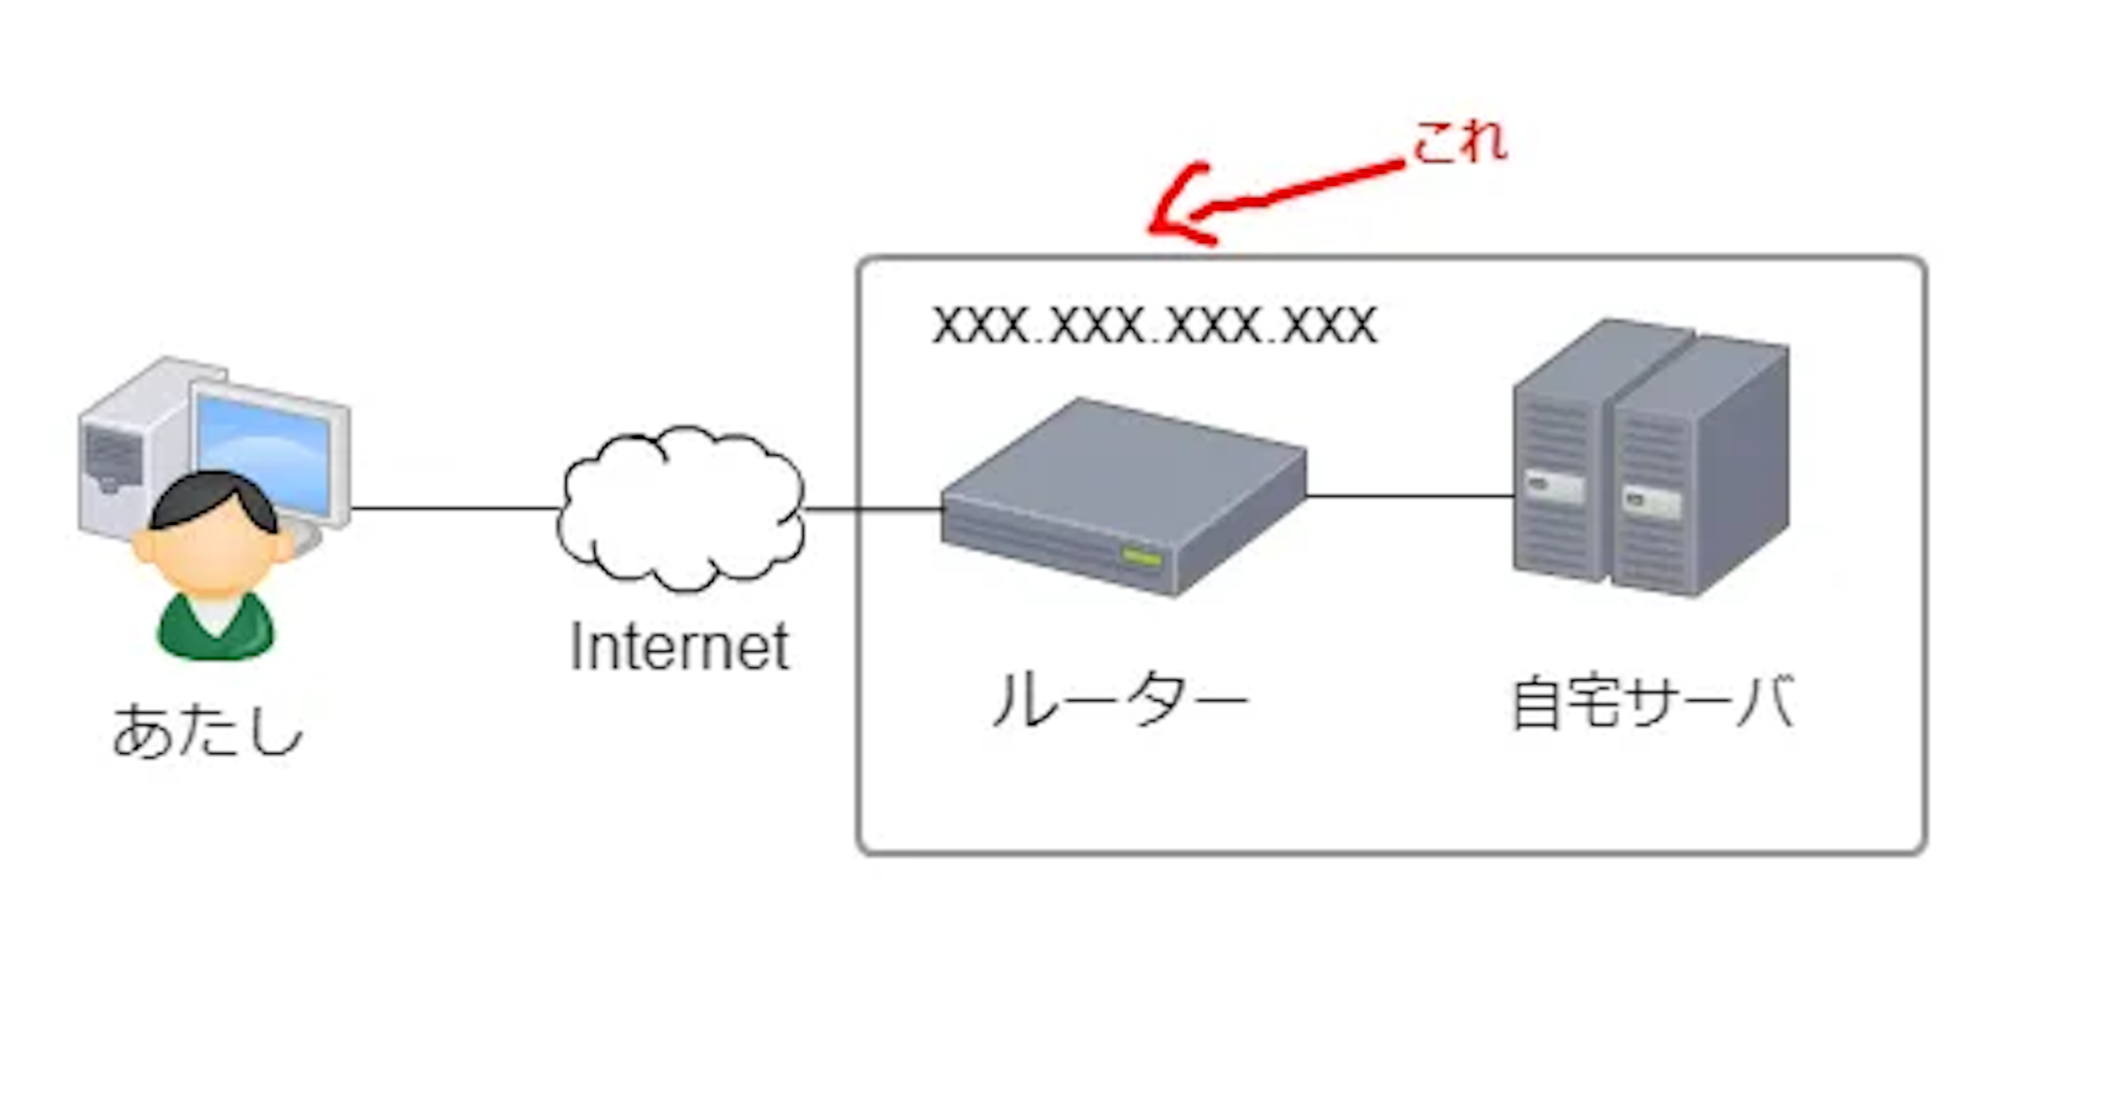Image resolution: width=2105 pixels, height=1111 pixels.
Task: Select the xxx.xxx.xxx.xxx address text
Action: pos(1154,325)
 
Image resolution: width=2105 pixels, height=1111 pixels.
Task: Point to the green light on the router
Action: pos(1141,558)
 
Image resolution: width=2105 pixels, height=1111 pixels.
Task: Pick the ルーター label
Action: pos(1119,701)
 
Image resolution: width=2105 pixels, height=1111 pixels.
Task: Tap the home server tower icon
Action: pos(1651,457)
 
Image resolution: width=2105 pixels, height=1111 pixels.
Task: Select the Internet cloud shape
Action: pos(680,507)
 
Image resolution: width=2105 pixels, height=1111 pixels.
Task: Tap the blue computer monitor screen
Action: pos(270,449)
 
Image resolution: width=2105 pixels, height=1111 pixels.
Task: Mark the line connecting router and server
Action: pos(1409,496)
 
